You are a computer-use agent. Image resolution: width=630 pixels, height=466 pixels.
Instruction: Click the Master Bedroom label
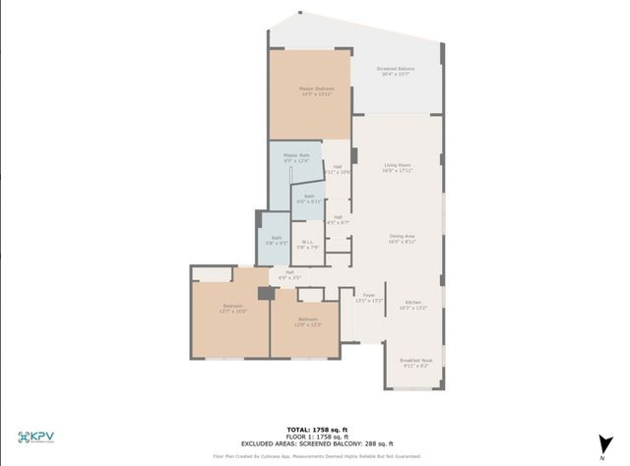click(316, 91)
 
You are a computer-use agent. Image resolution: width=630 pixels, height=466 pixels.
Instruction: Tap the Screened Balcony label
click(395, 71)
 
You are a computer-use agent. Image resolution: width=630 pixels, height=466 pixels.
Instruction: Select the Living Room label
click(397, 167)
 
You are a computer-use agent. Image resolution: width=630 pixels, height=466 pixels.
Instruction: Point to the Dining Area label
click(402, 239)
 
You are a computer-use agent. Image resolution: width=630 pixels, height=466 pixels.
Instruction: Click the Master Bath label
click(296, 157)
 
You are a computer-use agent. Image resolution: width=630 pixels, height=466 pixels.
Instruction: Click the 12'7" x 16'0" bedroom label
click(233, 309)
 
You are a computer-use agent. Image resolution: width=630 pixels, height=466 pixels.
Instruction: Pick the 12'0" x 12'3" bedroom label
click(308, 321)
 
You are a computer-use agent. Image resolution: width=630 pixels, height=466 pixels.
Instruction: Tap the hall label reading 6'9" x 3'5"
click(289, 275)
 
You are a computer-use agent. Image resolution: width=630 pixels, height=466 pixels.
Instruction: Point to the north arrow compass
click(599, 440)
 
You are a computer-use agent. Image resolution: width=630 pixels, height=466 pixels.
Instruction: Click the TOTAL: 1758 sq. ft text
click(314, 430)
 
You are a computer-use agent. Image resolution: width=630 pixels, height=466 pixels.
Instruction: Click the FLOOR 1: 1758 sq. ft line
click(314, 437)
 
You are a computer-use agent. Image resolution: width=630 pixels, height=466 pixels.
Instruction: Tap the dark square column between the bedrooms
click(263, 293)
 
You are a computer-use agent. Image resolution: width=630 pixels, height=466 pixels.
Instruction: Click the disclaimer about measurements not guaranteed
click(314, 457)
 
